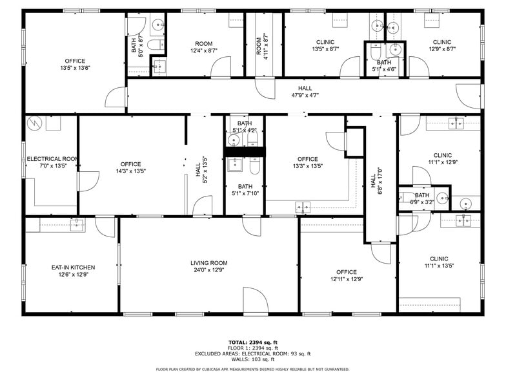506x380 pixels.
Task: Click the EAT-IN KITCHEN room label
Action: tap(73, 268)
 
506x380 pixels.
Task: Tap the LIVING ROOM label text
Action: tap(208, 263)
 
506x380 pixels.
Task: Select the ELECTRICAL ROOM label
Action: tap(52, 158)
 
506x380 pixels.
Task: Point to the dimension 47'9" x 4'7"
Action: tap(305, 95)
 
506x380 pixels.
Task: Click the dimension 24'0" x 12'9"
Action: tap(208, 270)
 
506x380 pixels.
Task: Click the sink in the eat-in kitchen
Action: tap(76, 224)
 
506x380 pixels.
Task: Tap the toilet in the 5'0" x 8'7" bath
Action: tap(154, 45)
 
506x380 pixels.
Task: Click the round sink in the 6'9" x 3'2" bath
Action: tap(441, 198)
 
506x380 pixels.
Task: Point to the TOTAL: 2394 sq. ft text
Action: tap(253, 342)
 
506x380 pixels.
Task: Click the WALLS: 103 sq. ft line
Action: tap(253, 359)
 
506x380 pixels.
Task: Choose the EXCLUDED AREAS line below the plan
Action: tap(253, 354)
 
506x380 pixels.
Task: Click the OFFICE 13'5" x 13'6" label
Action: tap(75, 64)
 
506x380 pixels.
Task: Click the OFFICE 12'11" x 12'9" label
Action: tap(347, 275)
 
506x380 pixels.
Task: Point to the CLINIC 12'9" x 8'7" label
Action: tap(442, 45)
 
